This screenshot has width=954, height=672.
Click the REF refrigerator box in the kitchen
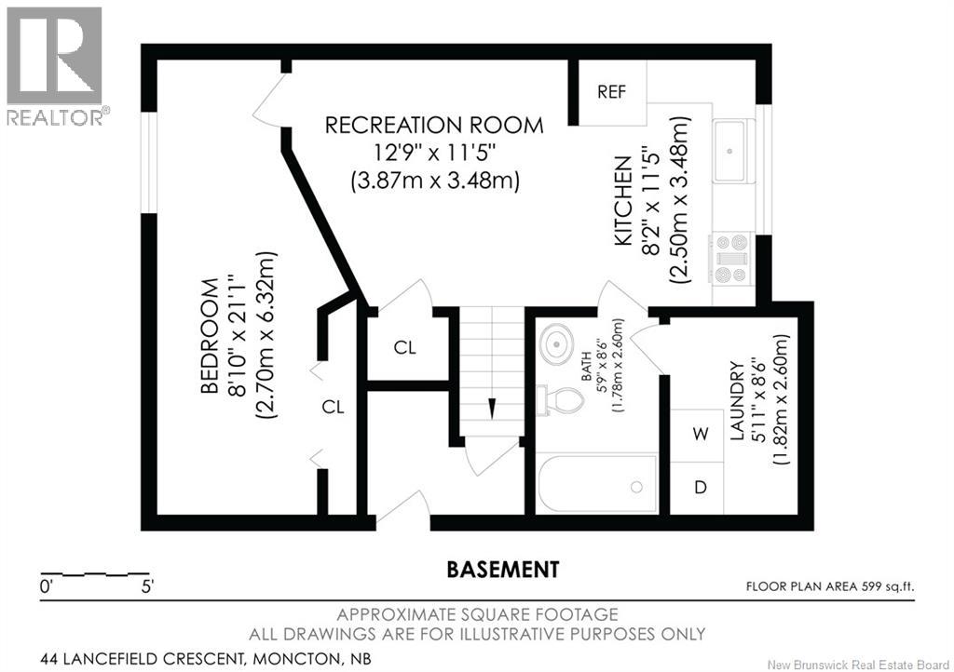click(612, 92)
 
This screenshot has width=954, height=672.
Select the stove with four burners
click(731, 259)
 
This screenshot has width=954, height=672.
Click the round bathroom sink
click(556, 343)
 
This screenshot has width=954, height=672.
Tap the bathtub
click(597, 485)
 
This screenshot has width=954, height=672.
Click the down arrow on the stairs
click(491, 409)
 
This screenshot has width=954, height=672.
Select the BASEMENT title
click(503, 570)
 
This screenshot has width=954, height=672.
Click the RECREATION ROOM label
click(434, 125)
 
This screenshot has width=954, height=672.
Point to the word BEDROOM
click(210, 336)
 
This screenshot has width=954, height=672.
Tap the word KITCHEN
click(622, 201)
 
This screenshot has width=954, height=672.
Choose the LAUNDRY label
click(738, 400)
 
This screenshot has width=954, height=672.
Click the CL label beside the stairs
click(404, 347)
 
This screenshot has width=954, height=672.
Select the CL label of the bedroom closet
click(333, 407)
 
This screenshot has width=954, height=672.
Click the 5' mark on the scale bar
click(148, 587)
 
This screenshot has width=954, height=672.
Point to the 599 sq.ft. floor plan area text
click(887, 587)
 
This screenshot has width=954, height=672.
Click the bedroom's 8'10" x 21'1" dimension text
click(237, 335)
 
